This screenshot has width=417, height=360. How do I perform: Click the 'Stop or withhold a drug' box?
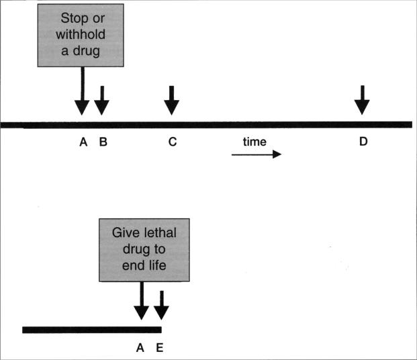point(81,36)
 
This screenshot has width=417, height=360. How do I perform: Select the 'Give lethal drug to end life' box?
point(144,250)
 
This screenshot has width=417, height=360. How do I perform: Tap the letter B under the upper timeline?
point(103,142)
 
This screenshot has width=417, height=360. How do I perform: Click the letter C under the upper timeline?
point(173,142)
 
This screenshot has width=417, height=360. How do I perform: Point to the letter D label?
point(363,142)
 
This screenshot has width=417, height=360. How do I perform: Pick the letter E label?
point(160,348)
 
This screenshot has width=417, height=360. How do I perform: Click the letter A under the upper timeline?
point(83,142)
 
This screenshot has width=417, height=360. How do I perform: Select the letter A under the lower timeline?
point(140,348)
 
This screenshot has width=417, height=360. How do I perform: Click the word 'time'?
point(254,142)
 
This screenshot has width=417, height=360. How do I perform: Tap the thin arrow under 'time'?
point(257,154)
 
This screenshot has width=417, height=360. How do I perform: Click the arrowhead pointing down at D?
point(362,107)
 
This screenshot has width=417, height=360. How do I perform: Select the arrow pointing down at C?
point(171,101)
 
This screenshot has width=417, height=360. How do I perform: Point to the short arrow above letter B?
point(102,101)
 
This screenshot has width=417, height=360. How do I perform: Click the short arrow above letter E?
point(161,306)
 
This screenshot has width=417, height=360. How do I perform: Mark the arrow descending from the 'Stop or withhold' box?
point(82,91)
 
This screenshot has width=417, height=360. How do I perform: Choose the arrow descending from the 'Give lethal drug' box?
point(142,301)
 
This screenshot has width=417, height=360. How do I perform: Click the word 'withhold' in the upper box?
point(81,35)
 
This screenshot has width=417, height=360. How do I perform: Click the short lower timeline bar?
point(92,330)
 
